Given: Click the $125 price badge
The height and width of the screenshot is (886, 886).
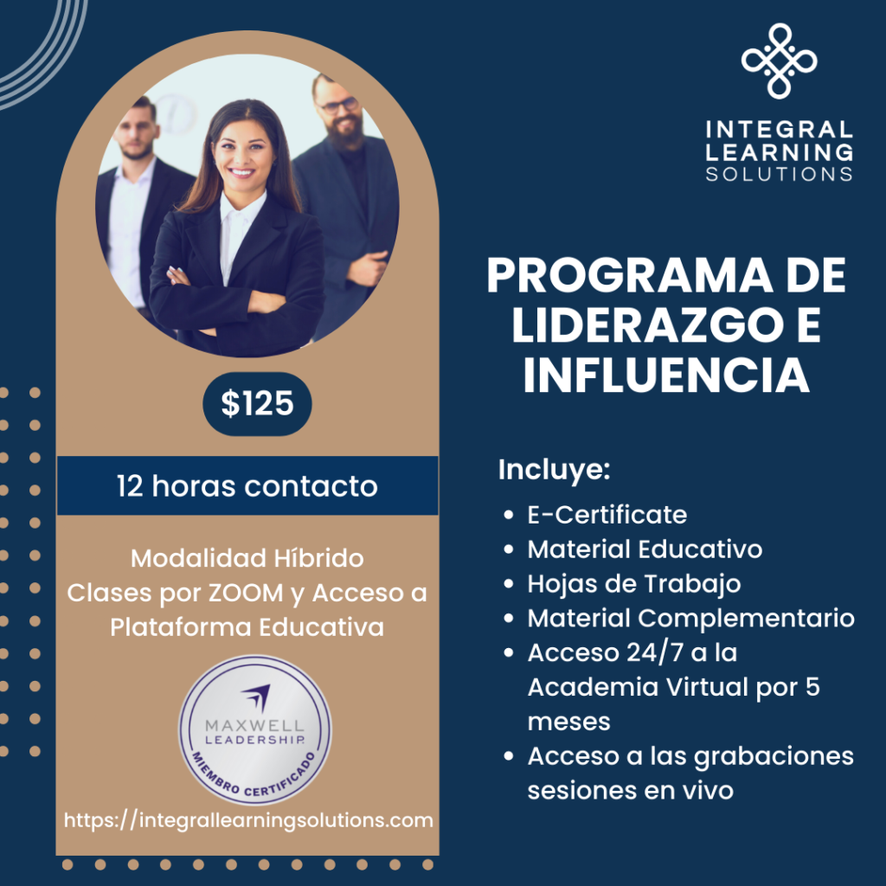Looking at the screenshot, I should (x=257, y=403).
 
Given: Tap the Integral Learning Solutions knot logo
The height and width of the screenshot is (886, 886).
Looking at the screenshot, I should (x=780, y=60).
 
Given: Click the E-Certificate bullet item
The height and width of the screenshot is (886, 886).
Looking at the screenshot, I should (x=607, y=515).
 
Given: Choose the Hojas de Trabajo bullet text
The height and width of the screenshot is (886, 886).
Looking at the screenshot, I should (x=633, y=584).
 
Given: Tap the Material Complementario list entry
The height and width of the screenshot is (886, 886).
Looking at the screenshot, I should (x=690, y=618).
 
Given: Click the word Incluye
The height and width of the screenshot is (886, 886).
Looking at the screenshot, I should (x=555, y=472).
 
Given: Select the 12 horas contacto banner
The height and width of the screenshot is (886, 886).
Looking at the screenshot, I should (x=247, y=485).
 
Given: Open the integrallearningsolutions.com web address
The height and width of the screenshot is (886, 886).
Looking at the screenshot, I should (x=249, y=819).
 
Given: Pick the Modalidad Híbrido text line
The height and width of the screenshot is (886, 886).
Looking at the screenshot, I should (x=247, y=558).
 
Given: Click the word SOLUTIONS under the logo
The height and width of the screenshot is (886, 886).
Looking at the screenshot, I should (x=779, y=174).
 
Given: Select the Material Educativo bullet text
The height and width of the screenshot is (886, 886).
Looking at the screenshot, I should (x=645, y=549).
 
